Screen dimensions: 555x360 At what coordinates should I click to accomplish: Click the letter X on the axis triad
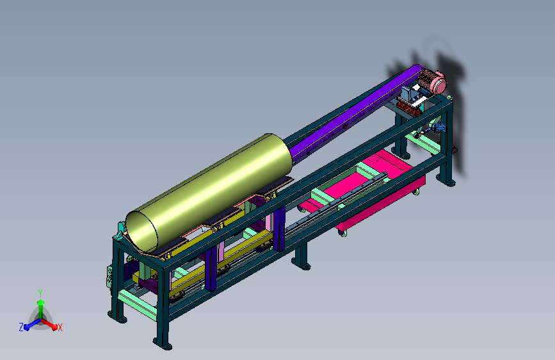[x=60, y=328]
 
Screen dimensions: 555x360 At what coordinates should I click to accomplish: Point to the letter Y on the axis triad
[x=40, y=293]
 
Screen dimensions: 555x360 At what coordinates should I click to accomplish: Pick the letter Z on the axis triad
[x=21, y=327]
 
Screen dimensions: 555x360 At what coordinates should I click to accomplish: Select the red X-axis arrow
[x=49, y=324]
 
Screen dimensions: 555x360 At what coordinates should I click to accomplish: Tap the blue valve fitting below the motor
[x=440, y=127]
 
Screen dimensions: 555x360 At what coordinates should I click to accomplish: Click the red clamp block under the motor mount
[x=409, y=109]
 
